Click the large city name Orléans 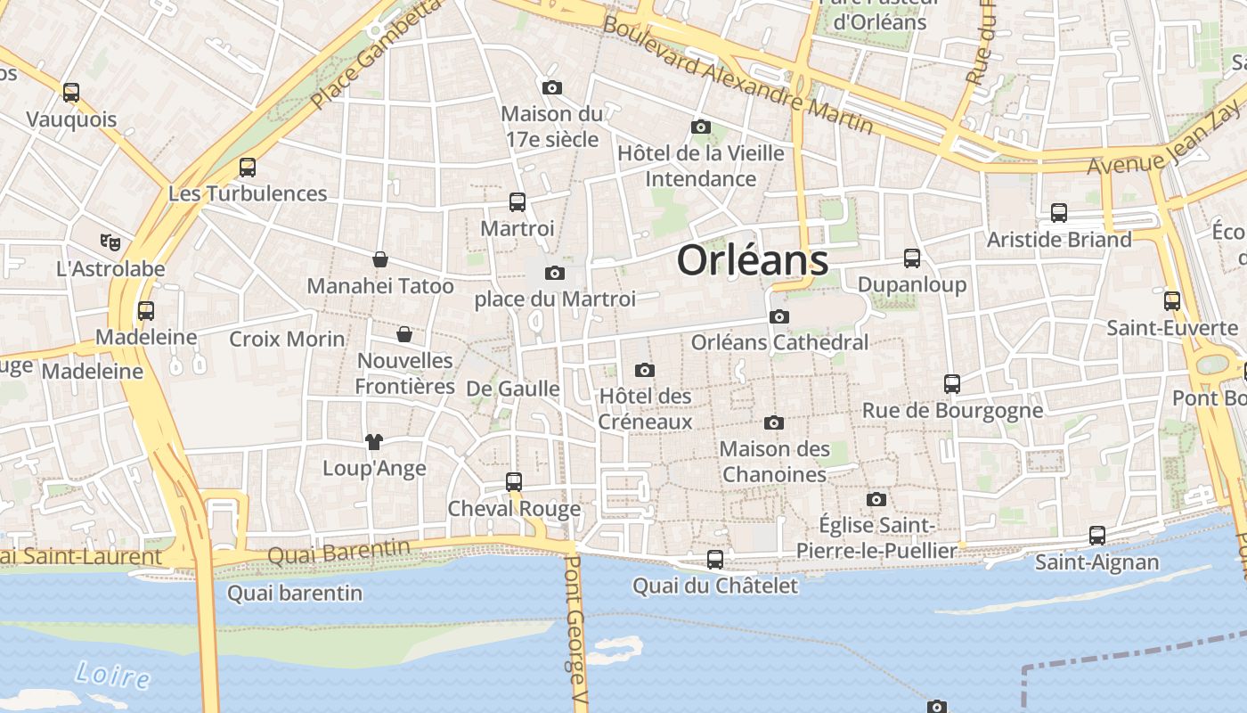coord(753,260)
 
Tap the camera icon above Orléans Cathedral coord(779,316)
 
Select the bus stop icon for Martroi coord(517,202)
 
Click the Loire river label coord(113,675)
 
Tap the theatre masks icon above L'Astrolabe coord(110,242)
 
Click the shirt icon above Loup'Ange coord(373,441)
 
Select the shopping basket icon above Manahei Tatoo coord(380,259)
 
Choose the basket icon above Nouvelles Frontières coord(404,334)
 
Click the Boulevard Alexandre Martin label coord(738,74)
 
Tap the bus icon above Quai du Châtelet coord(714,560)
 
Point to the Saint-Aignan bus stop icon coord(1097,536)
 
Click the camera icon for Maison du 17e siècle coord(552,87)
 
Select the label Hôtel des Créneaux coord(645,408)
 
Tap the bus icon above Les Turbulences coord(248,167)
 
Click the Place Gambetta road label coord(377,54)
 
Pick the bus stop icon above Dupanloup coord(912,258)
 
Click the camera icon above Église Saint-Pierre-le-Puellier coord(876,499)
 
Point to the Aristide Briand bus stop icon coord(1059,213)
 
